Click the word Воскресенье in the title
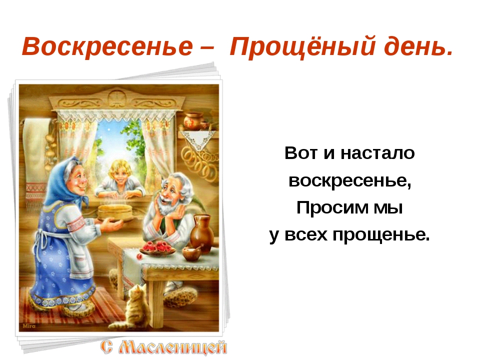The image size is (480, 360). [x=107, y=46]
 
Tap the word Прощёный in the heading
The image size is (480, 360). [x=302, y=46]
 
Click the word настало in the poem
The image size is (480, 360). [x=377, y=153]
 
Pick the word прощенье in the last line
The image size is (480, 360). [x=381, y=235]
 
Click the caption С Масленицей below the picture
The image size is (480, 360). [x=164, y=347]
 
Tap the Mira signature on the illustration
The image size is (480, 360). [x=29, y=326]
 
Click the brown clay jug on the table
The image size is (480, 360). [x=201, y=234]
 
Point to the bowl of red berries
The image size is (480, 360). [x=157, y=247]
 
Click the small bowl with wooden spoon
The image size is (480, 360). [x=192, y=253]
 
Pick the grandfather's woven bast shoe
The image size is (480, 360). [x=180, y=297]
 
